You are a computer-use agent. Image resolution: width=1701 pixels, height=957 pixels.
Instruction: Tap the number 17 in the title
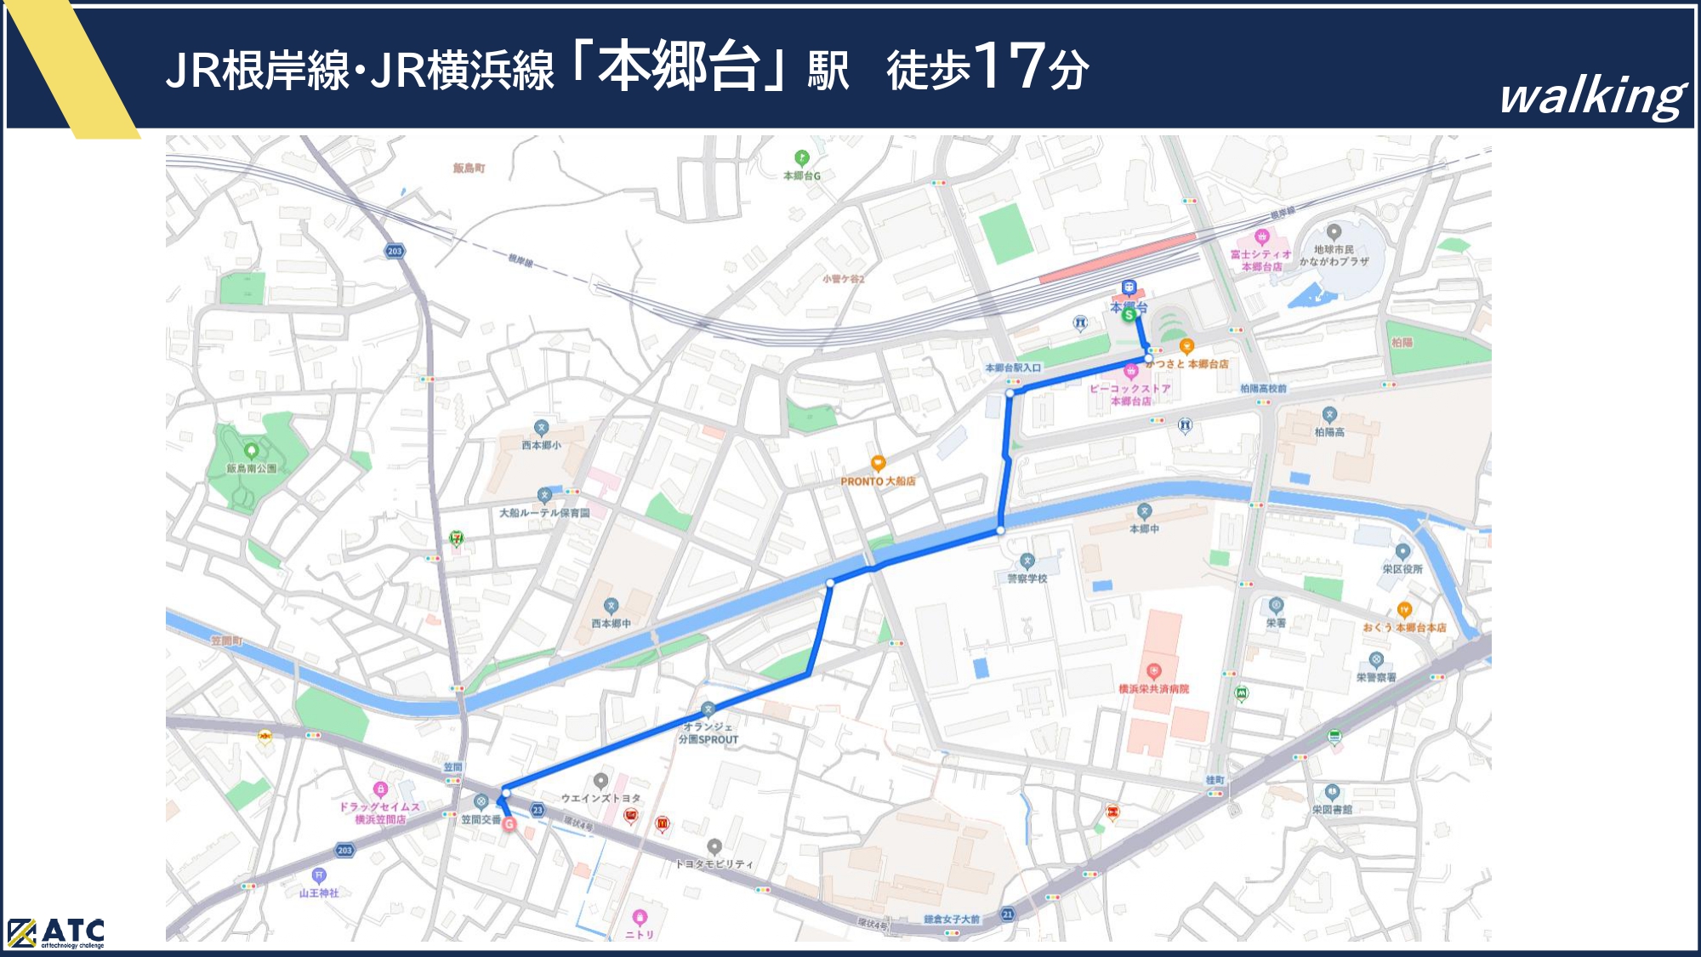[1010, 66]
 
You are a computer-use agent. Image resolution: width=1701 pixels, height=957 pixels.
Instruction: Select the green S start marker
[1129, 315]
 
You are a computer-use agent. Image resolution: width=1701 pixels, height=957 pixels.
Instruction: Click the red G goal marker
[509, 823]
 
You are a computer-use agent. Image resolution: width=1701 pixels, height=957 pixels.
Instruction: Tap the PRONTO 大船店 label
[878, 481]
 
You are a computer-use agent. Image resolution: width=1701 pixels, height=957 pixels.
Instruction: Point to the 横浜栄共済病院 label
[1153, 688]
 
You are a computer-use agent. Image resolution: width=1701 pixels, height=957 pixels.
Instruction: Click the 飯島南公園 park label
[251, 468]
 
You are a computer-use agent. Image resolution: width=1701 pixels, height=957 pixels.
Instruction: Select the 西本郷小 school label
[541, 445]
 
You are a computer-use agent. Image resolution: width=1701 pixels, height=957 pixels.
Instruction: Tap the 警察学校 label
[1027, 578]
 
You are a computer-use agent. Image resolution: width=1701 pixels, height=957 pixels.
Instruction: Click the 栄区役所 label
[1402, 568]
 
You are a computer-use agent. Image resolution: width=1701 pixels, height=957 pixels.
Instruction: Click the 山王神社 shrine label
[319, 892]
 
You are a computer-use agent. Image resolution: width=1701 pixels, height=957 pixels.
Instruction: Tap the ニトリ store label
[640, 934]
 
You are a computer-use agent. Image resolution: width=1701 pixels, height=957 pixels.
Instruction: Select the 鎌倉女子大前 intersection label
[952, 919]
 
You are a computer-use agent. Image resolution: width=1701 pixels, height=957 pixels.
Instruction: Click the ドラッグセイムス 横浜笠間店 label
[379, 813]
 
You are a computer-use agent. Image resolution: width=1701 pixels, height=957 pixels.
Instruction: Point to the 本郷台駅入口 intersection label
[1012, 367]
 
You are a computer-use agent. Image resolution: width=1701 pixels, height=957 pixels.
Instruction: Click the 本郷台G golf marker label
[801, 175]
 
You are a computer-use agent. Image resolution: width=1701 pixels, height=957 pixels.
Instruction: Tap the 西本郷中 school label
[611, 624]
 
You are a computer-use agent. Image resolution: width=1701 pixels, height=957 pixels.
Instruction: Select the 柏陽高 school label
[1329, 432]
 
